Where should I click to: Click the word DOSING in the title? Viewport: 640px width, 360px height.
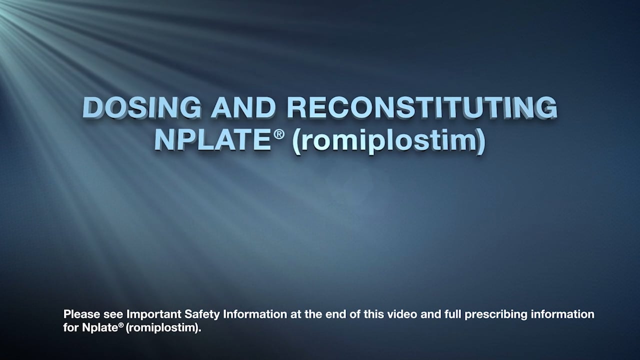point(141,107)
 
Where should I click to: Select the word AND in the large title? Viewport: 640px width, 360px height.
point(243,107)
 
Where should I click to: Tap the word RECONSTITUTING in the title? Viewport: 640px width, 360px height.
point(422,107)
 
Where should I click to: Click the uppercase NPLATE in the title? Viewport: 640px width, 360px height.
point(213,140)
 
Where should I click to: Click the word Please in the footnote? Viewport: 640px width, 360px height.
point(79,314)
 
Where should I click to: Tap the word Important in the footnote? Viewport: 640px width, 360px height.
point(148,314)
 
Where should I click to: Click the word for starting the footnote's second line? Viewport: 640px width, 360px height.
point(70,328)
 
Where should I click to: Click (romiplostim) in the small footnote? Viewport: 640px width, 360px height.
point(163,329)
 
